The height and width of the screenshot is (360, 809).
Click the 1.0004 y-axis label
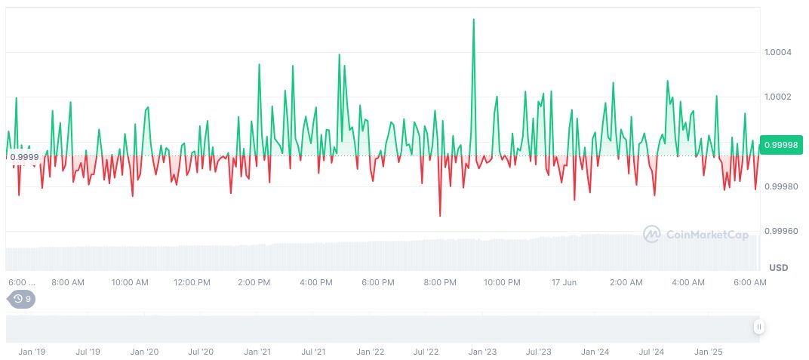point(777,52)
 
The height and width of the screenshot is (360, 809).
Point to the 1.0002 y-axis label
point(777,97)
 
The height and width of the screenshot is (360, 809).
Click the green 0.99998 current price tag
point(782,145)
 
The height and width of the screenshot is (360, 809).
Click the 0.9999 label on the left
point(23,157)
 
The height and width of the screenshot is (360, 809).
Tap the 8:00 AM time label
point(68,282)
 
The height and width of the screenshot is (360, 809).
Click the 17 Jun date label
point(564,282)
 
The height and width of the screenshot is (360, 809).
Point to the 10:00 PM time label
point(502,282)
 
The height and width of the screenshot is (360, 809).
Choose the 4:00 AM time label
point(687,282)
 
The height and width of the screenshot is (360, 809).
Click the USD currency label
point(778,268)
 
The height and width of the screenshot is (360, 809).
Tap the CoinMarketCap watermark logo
point(695,235)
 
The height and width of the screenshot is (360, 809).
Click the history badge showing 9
point(21,299)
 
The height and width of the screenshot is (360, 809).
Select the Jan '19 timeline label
point(31,352)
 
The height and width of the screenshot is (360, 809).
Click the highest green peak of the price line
point(473,20)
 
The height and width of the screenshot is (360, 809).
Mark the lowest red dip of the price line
point(440,216)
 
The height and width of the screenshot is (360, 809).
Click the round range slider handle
point(758,327)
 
